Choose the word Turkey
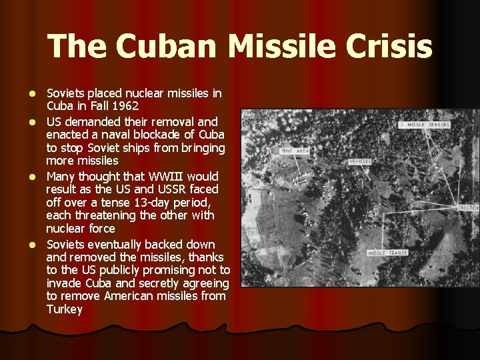point(65,309)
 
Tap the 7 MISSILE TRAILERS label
point(425,125)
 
